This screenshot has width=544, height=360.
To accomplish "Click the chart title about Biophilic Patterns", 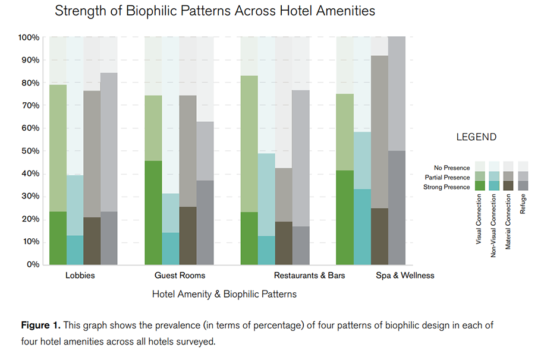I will coord(215,11).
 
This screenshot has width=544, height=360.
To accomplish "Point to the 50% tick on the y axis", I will coord(29,151).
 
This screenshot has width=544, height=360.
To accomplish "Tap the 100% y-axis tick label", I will coord(28,37).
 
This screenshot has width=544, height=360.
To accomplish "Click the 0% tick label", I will coord(33,264).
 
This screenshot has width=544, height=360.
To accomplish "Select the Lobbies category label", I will coord(80,276).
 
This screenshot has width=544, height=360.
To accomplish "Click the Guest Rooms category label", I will coord(180,276).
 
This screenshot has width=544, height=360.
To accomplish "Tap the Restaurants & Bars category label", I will coord(309,276).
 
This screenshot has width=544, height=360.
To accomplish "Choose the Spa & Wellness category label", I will coord(405,276).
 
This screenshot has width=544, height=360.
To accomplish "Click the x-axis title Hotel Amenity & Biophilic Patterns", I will coord(224,294).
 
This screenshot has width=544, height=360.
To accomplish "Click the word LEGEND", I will coord(476,137).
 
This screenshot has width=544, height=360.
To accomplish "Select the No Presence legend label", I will coord(452,168).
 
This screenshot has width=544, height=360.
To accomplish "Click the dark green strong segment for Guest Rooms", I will coord(153,212).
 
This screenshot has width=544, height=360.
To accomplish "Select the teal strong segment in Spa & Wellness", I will coord(362,226).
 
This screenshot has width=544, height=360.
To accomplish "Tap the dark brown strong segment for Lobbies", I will coord(92,241).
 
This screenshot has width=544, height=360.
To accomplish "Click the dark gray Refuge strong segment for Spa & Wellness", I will coord(397,207).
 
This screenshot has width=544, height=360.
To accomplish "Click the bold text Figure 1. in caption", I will coord(40,326).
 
